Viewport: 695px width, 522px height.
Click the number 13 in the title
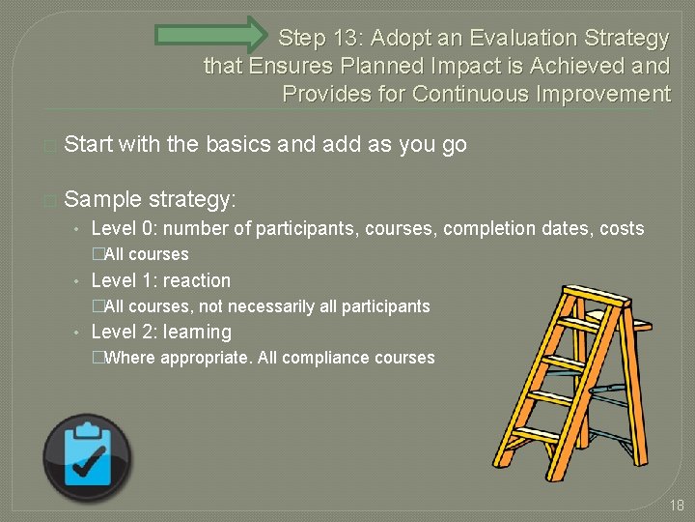pos(347,39)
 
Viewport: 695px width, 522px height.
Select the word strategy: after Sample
pos(191,200)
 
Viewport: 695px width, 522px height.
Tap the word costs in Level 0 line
pos(621,229)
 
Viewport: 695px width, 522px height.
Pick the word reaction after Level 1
pos(197,281)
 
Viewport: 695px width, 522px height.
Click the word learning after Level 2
pos(197,333)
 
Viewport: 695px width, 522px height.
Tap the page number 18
pos(676,505)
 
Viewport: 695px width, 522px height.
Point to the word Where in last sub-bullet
pos(128,358)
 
